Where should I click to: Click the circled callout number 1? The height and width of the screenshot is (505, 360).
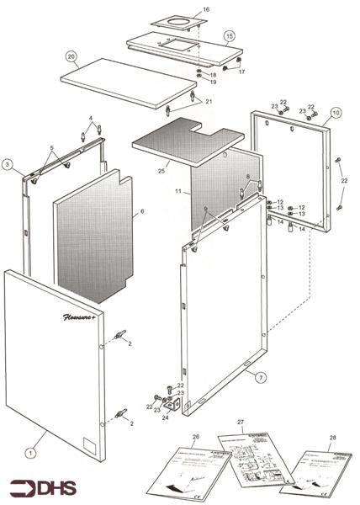[x=29, y=452]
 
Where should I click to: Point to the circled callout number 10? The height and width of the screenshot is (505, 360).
[x=335, y=112]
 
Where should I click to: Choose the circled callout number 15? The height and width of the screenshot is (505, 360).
[x=229, y=36]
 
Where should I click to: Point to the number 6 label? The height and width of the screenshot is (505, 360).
[x=142, y=211]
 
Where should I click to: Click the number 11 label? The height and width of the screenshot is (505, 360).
[x=178, y=193]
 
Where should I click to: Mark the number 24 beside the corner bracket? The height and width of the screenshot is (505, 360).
[x=166, y=416]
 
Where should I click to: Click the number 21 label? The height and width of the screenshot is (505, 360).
[x=209, y=102]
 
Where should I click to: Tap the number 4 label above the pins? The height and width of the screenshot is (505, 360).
[x=91, y=119]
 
